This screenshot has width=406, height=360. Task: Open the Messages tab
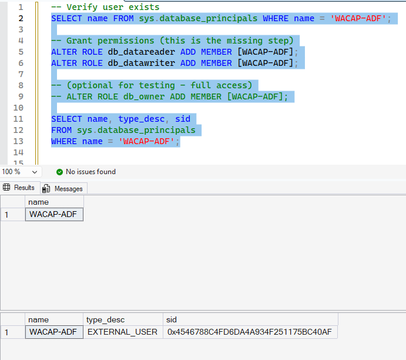[x=63, y=188]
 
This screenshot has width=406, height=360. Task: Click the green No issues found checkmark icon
[x=59, y=172]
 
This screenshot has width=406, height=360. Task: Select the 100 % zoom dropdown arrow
[x=35, y=172]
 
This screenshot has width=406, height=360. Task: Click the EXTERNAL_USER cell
[x=122, y=332]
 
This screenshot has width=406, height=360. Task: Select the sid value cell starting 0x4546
[x=250, y=332]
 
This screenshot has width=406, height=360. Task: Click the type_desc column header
[x=105, y=319]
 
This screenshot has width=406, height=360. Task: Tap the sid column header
[x=172, y=319]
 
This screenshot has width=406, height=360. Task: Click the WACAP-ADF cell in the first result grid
[x=54, y=214]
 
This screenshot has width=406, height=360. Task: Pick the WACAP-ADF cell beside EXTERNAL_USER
[x=54, y=332]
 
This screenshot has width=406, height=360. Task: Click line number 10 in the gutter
[x=18, y=108]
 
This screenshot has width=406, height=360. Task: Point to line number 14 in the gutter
[x=18, y=152]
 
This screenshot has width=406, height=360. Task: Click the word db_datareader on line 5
[x=142, y=52]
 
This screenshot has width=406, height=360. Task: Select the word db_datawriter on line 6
[x=142, y=63]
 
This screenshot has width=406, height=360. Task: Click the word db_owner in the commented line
[x=144, y=96]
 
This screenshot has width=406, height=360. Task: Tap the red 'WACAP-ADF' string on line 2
[x=358, y=18]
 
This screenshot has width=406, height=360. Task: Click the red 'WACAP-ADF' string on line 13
[x=146, y=141]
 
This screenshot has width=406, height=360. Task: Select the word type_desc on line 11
[x=142, y=119]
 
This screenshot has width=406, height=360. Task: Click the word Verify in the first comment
[x=82, y=7]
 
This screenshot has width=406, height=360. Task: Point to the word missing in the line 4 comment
[x=244, y=41]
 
